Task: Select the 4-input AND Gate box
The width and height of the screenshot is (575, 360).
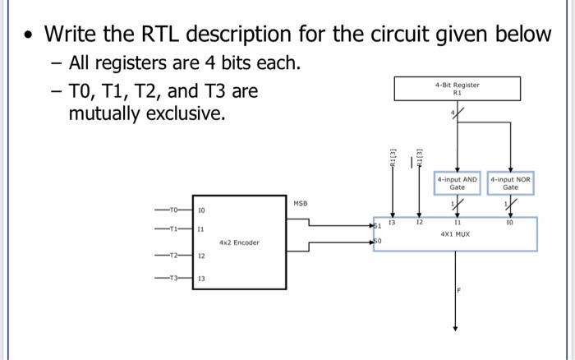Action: tap(457, 182)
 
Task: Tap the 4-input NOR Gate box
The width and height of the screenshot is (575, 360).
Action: tap(510, 182)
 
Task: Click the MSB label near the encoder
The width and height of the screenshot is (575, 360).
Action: tap(301, 201)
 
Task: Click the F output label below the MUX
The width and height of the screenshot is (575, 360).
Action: tap(460, 293)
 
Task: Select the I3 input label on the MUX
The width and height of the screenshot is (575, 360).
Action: tap(392, 222)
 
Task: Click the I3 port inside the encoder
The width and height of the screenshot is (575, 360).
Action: tap(200, 279)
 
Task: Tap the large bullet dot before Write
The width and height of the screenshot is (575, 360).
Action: tap(29, 36)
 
